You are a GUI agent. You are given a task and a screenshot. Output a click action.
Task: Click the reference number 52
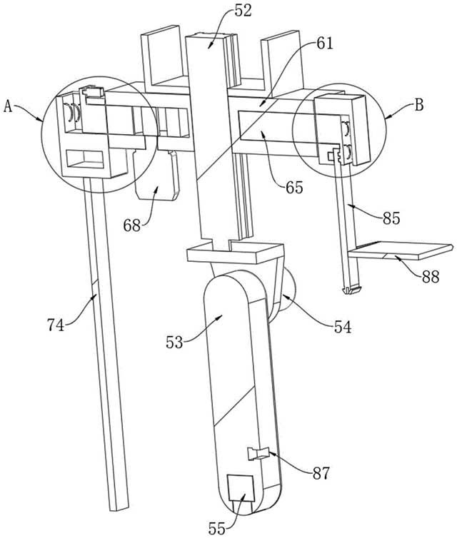243,11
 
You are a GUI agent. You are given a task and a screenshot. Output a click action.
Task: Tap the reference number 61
324,44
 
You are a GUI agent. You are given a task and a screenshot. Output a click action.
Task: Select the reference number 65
294,188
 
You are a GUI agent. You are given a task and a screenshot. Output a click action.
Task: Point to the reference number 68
132,225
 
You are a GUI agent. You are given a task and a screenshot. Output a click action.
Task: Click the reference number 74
56,325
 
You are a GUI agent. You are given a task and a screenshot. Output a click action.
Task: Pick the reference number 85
391,218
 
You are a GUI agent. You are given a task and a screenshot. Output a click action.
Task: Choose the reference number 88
431,276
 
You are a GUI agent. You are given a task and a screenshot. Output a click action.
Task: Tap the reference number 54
343,327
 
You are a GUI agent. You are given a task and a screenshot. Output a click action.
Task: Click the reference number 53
174,342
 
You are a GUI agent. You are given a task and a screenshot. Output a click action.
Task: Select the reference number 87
321,474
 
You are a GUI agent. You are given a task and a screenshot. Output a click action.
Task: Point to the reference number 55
217,529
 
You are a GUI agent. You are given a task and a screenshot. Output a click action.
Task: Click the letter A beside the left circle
8,106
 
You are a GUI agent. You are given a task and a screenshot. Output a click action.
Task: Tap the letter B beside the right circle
419,105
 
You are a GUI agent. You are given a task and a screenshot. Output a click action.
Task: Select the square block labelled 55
241,488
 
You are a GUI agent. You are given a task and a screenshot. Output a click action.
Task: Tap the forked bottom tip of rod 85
351,290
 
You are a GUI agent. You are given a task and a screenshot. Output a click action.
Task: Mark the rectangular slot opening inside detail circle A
85,160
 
